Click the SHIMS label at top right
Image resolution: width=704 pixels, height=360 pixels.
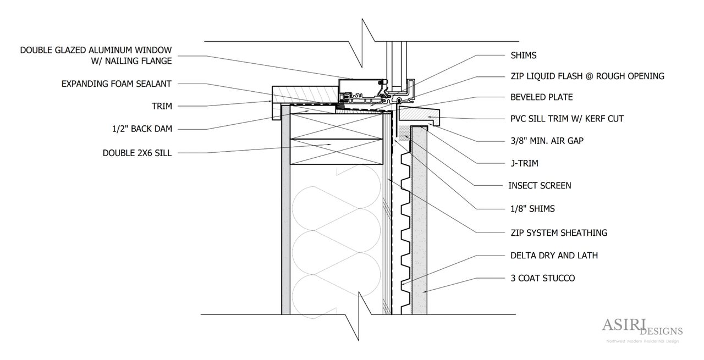(x=522, y=56)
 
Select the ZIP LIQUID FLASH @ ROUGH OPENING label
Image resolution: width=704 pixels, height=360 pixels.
(x=587, y=76)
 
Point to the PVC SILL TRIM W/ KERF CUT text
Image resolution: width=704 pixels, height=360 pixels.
(x=566, y=119)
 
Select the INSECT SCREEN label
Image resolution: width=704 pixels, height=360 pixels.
(x=540, y=186)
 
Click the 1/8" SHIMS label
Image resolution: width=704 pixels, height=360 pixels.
(x=532, y=209)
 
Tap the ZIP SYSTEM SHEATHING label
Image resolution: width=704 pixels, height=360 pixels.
(x=558, y=233)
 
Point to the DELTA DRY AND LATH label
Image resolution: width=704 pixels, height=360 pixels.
(x=554, y=256)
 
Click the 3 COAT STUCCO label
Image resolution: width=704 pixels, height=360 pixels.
(x=542, y=278)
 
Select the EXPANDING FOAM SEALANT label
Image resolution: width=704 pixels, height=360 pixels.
(x=117, y=84)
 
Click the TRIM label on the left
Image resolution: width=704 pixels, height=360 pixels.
(x=162, y=106)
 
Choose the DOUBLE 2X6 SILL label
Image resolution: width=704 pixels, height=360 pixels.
(x=137, y=153)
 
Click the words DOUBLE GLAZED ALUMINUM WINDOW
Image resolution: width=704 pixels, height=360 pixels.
(x=96, y=51)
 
